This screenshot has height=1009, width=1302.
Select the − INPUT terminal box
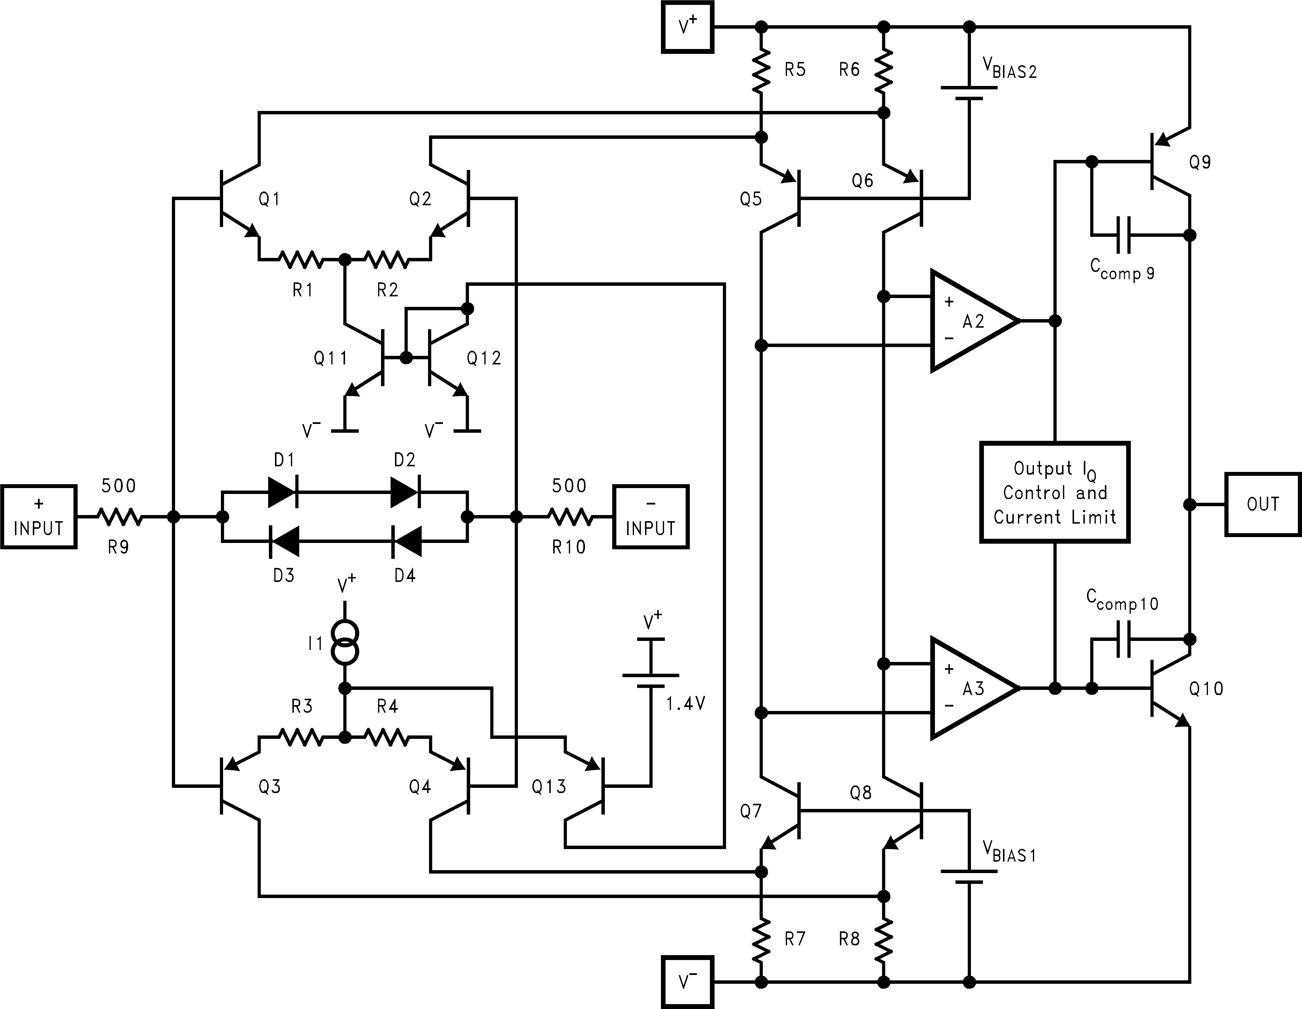coord(650,517)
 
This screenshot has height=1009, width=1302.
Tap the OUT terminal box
coord(1263,504)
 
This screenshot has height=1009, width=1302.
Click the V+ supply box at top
coord(687,27)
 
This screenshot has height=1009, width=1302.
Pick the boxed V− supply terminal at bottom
coord(687,982)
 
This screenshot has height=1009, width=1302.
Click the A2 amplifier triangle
coord(969,321)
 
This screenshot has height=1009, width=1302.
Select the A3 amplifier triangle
coord(969,688)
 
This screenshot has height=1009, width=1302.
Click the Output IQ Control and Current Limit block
coord(1055,492)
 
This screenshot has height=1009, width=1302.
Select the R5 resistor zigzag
coord(761,70)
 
